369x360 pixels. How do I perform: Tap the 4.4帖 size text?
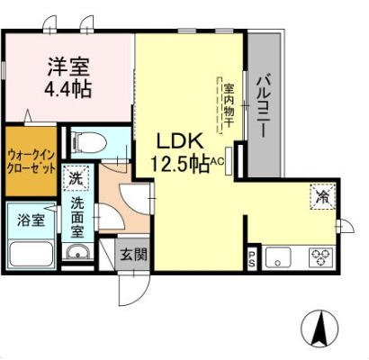[x=67, y=88]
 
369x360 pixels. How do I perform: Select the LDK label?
[x=180, y=141]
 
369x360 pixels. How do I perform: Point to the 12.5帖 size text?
[x=180, y=164]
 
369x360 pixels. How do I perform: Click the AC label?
[x=217, y=161]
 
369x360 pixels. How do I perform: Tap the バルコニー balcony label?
[x=264, y=105]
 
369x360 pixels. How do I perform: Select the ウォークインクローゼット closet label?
[x=31, y=162]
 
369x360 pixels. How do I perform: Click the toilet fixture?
[x=89, y=142]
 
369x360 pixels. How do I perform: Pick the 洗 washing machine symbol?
[x=76, y=178]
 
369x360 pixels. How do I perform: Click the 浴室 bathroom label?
[x=31, y=220]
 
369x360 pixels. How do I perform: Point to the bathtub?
[x=31, y=254]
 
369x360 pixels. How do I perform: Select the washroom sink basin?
[x=77, y=252]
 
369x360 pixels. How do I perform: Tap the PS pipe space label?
[x=251, y=258]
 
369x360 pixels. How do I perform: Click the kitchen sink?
[x=278, y=257]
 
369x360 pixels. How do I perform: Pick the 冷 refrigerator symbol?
[x=323, y=196]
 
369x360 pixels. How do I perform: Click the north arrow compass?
[x=319, y=327]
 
